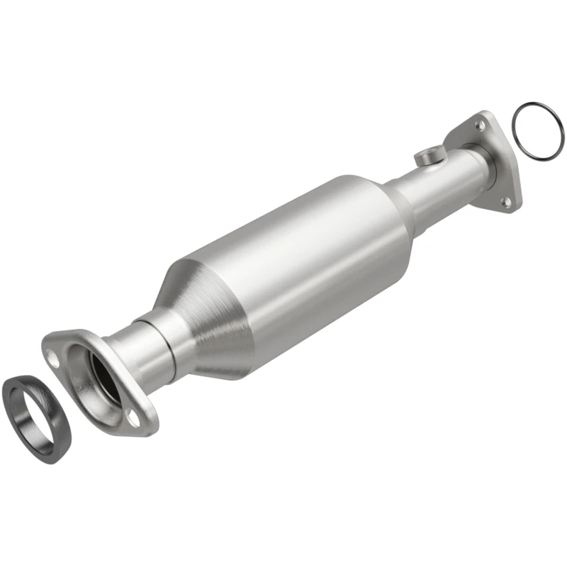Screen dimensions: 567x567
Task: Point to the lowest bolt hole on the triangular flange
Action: [506, 201]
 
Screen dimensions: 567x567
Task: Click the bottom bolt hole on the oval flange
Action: [133, 418]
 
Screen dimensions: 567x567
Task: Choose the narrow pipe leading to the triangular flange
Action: [439, 188]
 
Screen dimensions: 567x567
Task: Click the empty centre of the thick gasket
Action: [32, 408]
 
